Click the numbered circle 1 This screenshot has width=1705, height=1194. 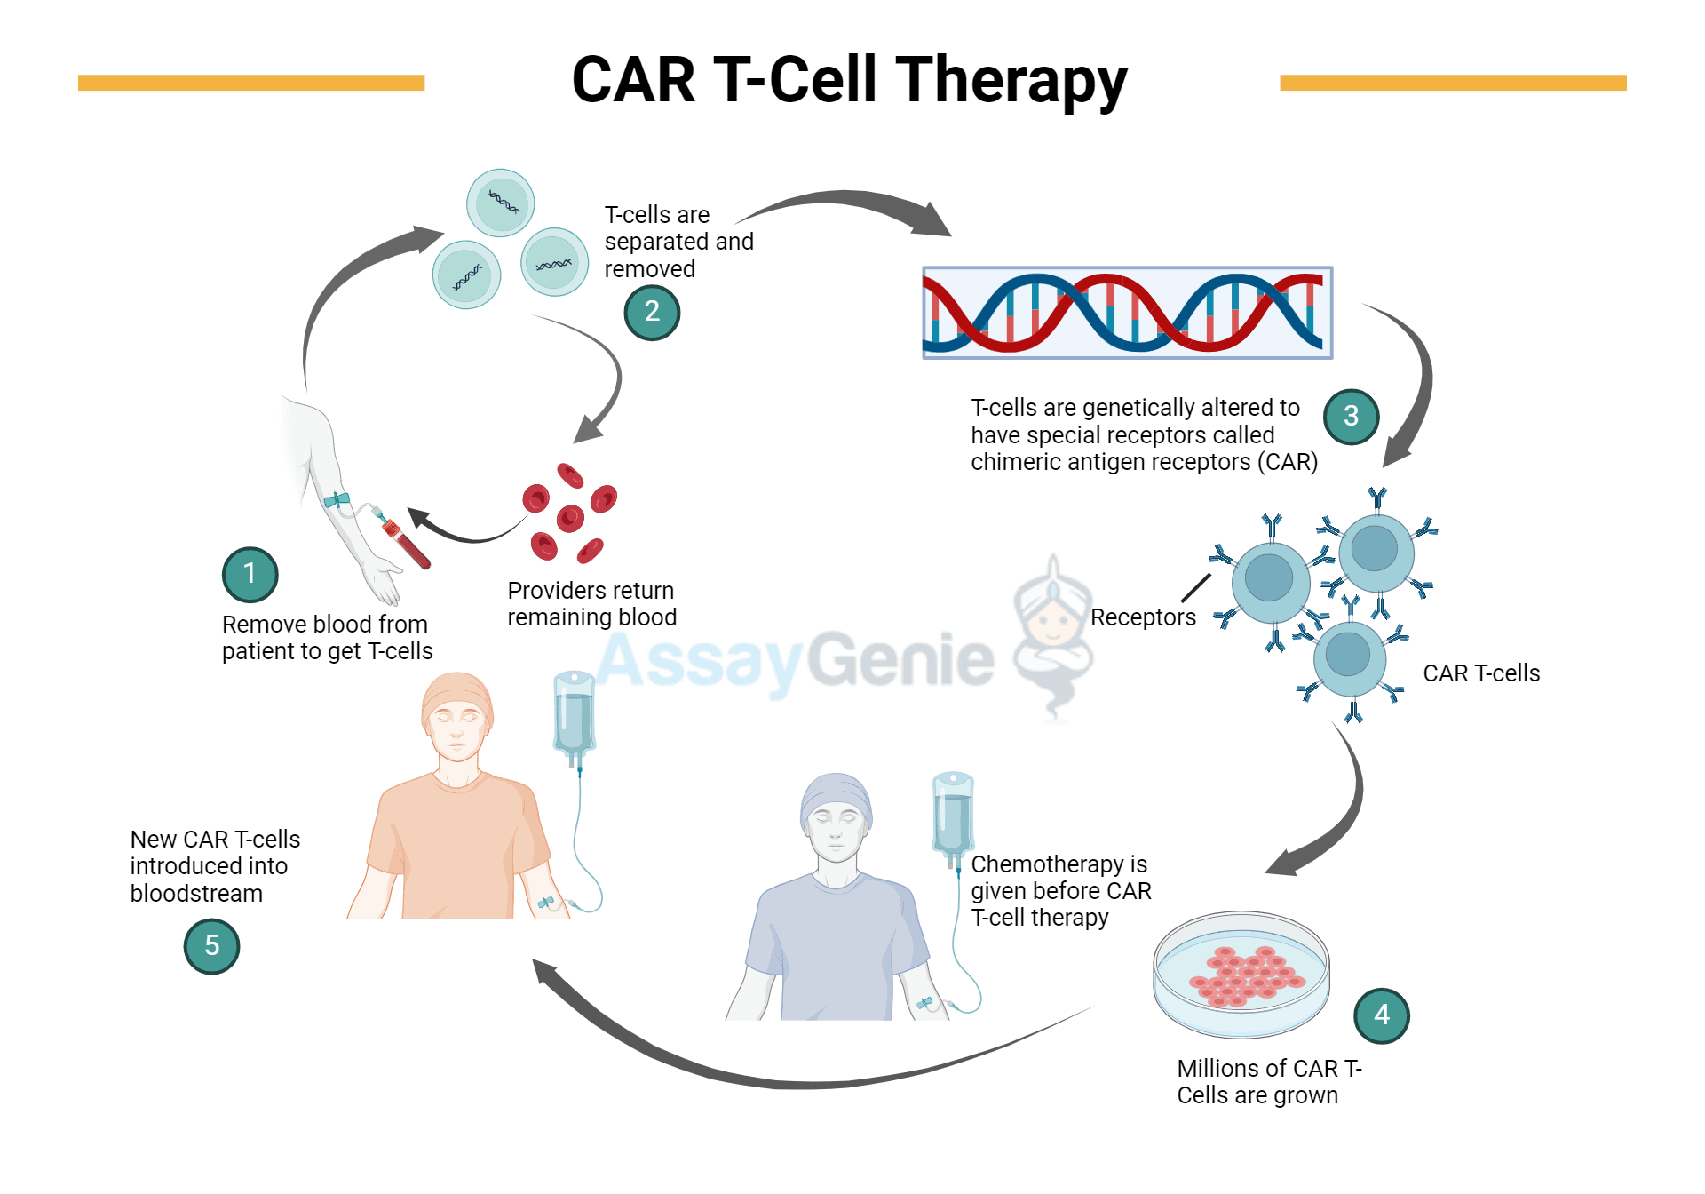tap(250, 574)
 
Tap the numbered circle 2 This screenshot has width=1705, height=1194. tap(652, 312)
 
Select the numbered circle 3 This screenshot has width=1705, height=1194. tap(1351, 416)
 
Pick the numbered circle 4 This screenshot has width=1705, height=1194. tap(1381, 1015)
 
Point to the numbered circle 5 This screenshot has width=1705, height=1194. tap(211, 945)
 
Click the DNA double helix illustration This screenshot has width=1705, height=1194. tap(1127, 313)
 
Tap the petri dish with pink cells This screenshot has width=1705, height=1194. tap(1241, 974)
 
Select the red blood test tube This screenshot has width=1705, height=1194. tap(408, 545)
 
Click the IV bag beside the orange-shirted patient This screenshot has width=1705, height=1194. tap(574, 715)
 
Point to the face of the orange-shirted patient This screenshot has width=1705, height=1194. tap(457, 733)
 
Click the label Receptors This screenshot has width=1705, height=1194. tap(1142, 617)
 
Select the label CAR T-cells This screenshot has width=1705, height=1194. tap(1480, 673)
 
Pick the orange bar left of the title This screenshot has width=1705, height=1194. tap(251, 83)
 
